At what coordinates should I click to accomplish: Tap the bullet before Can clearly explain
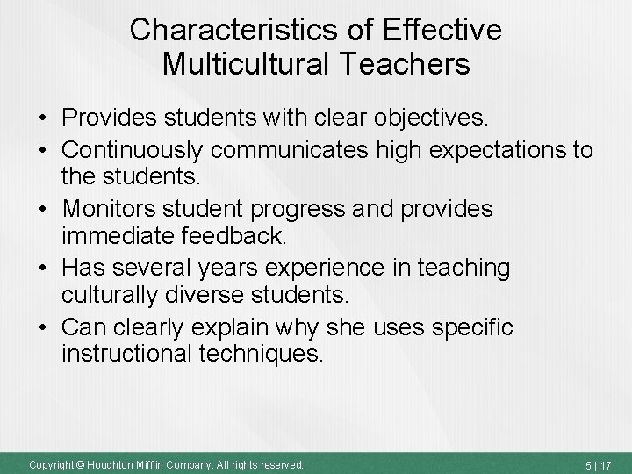[41, 328]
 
